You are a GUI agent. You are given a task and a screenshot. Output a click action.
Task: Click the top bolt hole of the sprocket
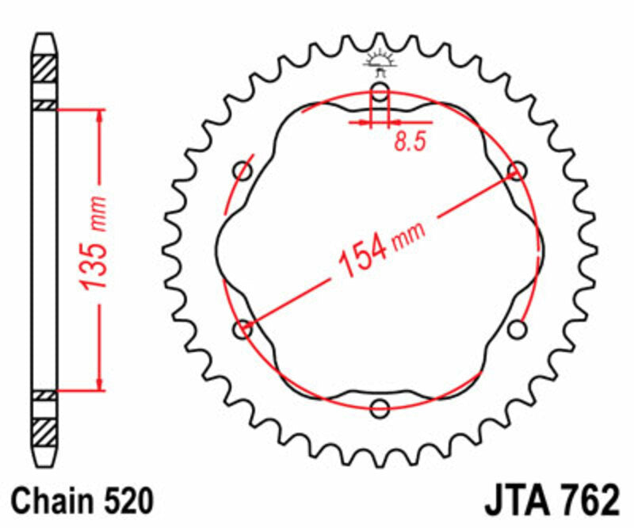tap(380, 92)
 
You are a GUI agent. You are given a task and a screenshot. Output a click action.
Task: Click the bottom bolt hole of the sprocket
tap(380, 408)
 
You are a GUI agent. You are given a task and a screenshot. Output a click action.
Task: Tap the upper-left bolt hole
tap(243, 171)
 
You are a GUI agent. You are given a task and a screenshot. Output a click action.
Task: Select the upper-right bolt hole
tap(518, 170)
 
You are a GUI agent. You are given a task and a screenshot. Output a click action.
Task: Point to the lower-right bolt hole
tap(518, 328)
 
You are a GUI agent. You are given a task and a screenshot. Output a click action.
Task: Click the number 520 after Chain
tap(126, 502)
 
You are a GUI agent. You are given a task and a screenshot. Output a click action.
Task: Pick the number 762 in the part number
tap(586, 502)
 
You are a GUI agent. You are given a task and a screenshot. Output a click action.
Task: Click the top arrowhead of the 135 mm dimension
tap(100, 116)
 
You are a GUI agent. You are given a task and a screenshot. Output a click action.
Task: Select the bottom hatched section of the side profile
tap(44, 433)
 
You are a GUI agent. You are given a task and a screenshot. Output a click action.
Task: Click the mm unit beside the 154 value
tap(410, 232)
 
